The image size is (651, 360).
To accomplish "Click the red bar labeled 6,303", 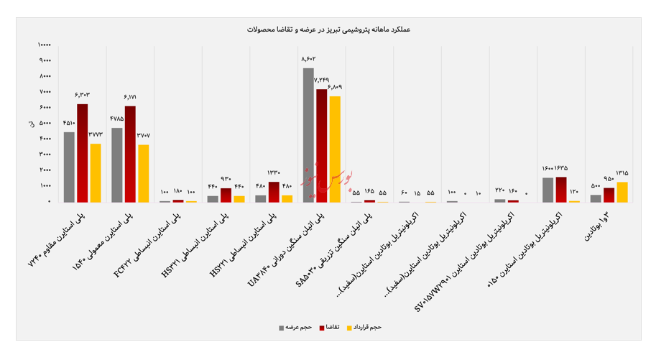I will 83,153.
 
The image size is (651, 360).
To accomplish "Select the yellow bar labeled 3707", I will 144,173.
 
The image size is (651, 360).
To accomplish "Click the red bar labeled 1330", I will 274,192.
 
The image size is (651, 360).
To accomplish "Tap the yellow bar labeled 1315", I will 622,192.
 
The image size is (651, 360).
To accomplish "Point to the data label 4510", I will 69,123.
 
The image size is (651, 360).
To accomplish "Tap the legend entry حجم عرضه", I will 295,328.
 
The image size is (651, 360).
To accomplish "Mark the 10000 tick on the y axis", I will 44,45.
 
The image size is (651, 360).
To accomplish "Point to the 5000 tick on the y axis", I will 45,124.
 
